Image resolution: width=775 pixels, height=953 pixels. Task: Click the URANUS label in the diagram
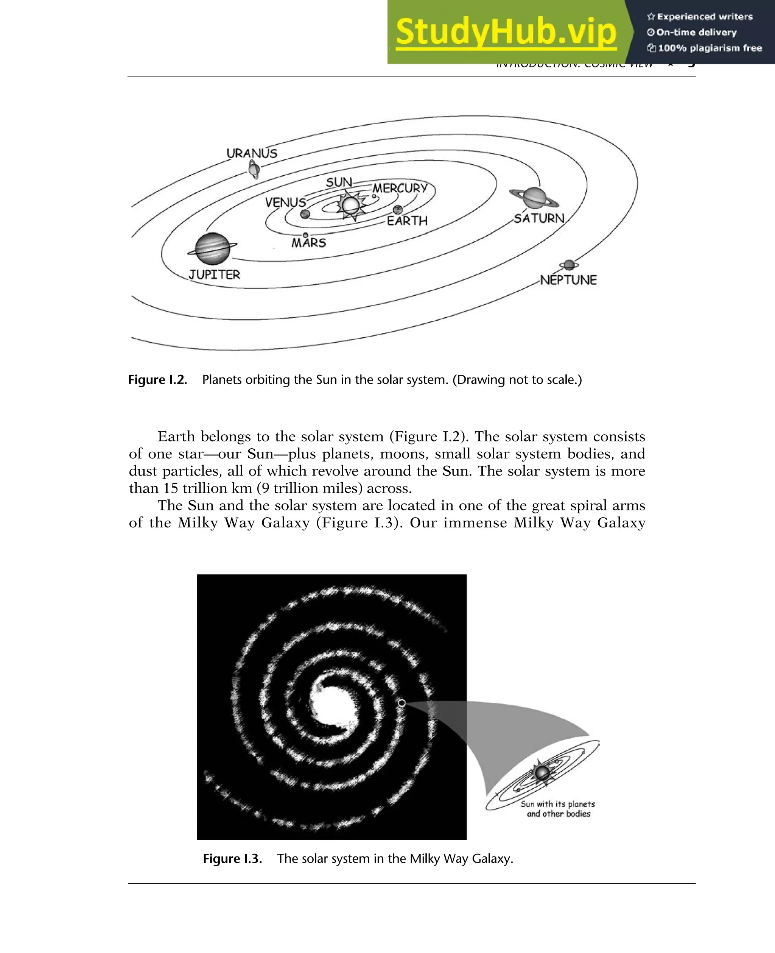point(252,153)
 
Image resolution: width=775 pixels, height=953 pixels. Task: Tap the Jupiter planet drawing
point(213,248)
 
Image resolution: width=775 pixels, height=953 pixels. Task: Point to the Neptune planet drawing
point(569,265)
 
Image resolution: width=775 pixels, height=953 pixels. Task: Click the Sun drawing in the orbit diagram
point(350,205)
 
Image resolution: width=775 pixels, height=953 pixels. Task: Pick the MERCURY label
point(400,188)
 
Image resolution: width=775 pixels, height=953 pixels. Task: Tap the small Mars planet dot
point(305,235)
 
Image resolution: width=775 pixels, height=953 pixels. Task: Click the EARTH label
point(407,221)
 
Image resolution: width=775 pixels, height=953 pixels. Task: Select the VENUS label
point(285,202)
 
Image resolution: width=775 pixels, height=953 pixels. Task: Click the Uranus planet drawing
point(254,170)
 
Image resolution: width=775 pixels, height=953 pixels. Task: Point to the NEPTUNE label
point(568,280)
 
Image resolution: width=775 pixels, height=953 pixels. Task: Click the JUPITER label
point(214,274)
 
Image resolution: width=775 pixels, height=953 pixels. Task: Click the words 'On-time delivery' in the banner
point(696,32)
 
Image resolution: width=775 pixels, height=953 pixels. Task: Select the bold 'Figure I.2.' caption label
point(157,380)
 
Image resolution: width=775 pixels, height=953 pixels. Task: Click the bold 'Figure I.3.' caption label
point(232,858)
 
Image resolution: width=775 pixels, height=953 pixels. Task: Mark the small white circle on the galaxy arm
point(402,703)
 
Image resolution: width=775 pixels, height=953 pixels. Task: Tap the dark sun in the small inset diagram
point(542,772)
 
